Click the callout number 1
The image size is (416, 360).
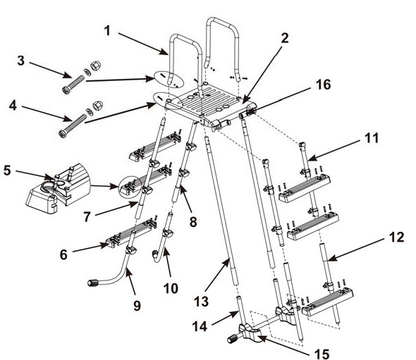pyautogui.click(x=107, y=31)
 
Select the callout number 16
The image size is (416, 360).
pyautogui.click(x=323, y=85)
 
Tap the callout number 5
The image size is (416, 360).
pyautogui.click(x=7, y=170)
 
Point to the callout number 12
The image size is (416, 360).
pyautogui.click(x=397, y=237)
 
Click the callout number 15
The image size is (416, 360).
pyautogui.click(x=322, y=354)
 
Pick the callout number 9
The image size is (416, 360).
pyautogui.click(x=137, y=306)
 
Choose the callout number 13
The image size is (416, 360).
pyautogui.click(x=202, y=302)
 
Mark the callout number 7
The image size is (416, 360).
pyautogui.click(x=87, y=217)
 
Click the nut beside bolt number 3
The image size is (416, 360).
pyautogui.click(x=94, y=66)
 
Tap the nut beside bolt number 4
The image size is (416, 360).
pyautogui.click(x=97, y=106)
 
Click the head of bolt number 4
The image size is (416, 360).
pyautogui.click(x=62, y=134)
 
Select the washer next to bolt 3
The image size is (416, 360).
pyautogui.click(x=87, y=71)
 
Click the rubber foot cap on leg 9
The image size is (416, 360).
pyautogui.click(x=92, y=283)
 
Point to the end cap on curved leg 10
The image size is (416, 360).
pyautogui.click(x=154, y=255)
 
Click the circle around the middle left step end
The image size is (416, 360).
pyautogui.click(x=130, y=187)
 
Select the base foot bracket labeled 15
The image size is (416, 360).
pyautogui.click(x=251, y=332)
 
